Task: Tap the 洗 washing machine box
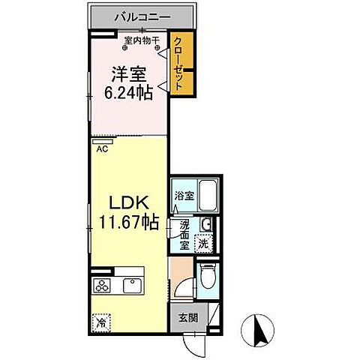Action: [x=202, y=242]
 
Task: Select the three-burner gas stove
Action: [x=101, y=285]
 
